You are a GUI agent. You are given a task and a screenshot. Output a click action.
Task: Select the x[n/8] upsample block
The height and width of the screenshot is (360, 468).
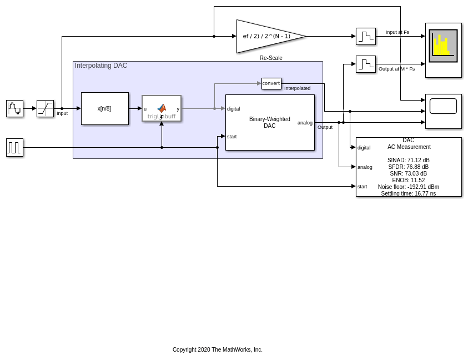[104, 108]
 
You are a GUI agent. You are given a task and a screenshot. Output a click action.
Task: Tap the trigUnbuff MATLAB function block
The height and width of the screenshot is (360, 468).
[162, 108]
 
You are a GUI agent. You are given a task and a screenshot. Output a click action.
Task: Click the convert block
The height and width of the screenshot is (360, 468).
[271, 83]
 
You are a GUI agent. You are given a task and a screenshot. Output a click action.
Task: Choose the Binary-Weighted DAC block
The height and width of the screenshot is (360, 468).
[270, 122]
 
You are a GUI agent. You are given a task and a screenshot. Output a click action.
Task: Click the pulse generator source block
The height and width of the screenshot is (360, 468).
[14, 147]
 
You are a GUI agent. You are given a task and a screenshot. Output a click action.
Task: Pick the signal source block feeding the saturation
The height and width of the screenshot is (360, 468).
[14, 108]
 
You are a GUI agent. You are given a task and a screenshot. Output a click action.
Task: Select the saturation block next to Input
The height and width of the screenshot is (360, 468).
[45, 108]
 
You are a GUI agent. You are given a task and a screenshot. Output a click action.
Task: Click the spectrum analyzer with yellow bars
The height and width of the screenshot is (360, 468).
[443, 49]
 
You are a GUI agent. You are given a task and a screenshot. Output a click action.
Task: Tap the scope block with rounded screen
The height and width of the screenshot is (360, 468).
[443, 111]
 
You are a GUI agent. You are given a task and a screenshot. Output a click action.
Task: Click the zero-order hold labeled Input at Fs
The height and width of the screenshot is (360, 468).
[365, 36]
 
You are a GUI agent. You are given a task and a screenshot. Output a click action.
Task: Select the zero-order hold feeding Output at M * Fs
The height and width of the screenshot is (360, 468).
[365, 64]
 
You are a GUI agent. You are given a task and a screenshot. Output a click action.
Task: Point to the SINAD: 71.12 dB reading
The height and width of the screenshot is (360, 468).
[408, 161]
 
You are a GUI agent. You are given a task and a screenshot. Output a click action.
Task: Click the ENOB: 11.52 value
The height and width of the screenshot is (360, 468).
[408, 181]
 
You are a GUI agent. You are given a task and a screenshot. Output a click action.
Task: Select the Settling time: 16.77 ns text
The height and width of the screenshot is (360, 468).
[408, 194]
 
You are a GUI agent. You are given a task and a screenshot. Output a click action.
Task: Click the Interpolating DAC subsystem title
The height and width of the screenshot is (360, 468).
[101, 66]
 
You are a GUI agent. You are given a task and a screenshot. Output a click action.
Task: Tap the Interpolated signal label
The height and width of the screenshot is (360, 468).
[297, 88]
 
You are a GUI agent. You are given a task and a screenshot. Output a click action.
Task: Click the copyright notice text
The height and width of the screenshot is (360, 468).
[217, 350]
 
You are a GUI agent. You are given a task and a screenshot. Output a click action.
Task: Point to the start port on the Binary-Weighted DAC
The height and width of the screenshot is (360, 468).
[232, 137]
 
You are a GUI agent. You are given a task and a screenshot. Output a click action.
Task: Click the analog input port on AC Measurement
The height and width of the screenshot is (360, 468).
[365, 167]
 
